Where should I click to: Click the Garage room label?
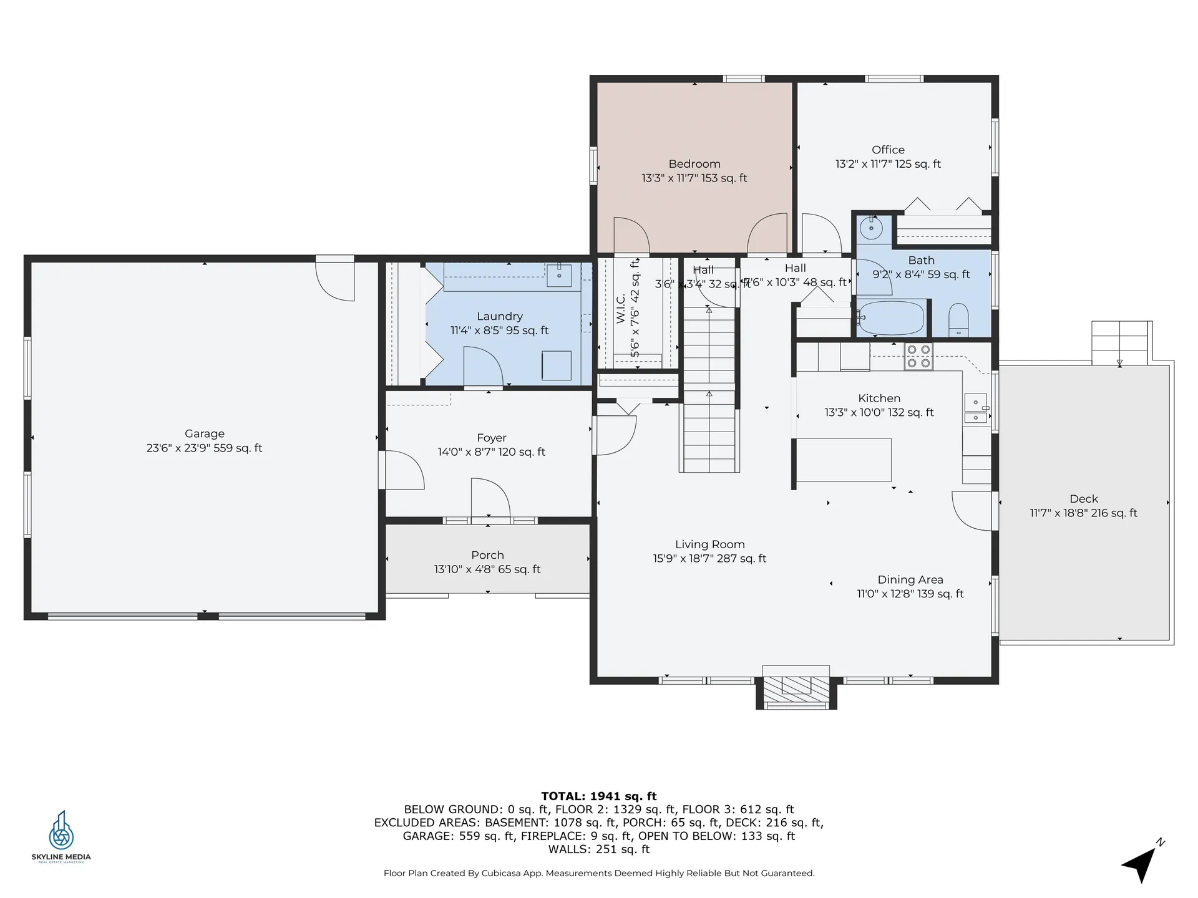(x=204, y=434)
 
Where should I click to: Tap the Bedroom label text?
(x=694, y=164)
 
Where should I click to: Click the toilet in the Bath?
(x=958, y=319)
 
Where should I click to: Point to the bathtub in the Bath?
(x=891, y=317)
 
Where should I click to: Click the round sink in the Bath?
(x=871, y=229)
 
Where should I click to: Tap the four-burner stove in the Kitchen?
(x=918, y=357)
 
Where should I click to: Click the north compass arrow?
(x=1142, y=864)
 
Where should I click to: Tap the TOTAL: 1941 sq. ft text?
(x=598, y=796)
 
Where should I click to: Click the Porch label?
(x=487, y=555)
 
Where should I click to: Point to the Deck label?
(x=1083, y=499)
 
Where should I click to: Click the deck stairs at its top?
(x=1120, y=342)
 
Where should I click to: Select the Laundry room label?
(x=499, y=316)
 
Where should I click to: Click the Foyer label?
(x=491, y=438)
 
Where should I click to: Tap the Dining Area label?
(x=910, y=580)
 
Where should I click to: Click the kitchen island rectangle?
(x=844, y=460)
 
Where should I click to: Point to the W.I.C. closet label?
(x=621, y=309)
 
